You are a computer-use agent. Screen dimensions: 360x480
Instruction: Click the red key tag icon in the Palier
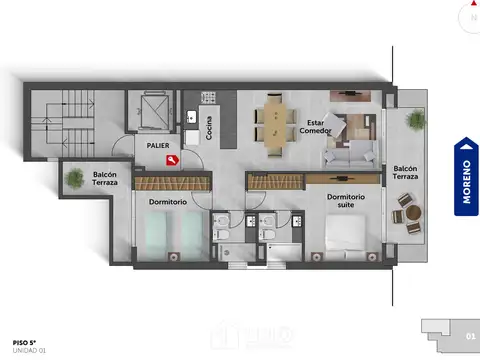(x=172, y=159)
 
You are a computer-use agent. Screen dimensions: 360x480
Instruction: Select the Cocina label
(x=209, y=128)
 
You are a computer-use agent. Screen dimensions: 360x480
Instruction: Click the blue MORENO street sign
(x=465, y=177)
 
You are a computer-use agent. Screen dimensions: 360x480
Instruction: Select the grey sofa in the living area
(x=350, y=155)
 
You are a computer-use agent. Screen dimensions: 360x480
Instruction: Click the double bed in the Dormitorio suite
(x=350, y=238)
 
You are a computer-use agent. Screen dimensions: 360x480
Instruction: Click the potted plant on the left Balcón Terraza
(x=75, y=181)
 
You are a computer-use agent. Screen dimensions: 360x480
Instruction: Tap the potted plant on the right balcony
(x=411, y=117)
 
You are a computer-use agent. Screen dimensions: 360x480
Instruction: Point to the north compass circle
(x=471, y=17)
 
